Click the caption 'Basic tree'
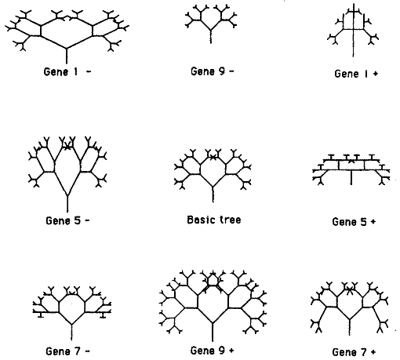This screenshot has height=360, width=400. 214,220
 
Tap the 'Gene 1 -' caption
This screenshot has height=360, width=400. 67,71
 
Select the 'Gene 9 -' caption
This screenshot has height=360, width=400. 213,71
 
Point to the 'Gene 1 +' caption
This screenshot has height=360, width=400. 356,74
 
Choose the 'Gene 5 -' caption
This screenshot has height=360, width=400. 67,220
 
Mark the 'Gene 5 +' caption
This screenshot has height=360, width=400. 354,222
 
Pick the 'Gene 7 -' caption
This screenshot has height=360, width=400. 67,351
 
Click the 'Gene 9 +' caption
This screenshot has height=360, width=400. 212,351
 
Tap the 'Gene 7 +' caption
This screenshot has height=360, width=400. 354,352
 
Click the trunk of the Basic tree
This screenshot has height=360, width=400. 213,195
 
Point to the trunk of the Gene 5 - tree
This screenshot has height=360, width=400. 67,204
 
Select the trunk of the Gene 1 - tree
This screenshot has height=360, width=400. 67,56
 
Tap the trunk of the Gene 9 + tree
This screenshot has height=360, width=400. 213,332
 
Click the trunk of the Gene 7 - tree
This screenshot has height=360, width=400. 71,333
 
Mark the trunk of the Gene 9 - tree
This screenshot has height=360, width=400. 211,37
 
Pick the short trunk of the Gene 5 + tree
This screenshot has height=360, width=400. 351,178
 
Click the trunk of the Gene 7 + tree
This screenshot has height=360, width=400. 350,327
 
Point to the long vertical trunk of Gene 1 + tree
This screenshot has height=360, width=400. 354,31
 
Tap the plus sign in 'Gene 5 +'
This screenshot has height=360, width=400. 373,222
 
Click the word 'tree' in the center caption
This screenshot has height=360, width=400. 230,220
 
